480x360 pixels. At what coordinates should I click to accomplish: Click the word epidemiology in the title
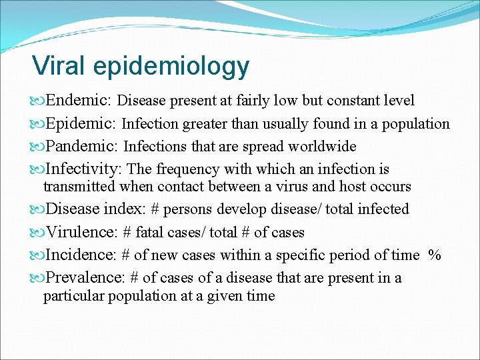(171, 67)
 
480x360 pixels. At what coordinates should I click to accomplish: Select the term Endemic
(79, 101)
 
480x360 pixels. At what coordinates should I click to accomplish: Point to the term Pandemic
(83, 146)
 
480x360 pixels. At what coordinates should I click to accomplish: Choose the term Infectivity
(84, 169)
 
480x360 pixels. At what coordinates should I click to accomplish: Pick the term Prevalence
(86, 277)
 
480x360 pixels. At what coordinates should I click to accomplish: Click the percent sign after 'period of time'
(435, 255)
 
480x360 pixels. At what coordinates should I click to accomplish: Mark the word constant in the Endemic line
(348, 101)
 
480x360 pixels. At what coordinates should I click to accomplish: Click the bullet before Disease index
(36, 209)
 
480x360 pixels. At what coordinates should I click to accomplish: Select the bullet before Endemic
(36, 101)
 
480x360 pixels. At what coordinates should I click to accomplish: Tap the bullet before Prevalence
(36, 278)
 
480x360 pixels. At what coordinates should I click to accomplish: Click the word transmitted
(79, 187)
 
